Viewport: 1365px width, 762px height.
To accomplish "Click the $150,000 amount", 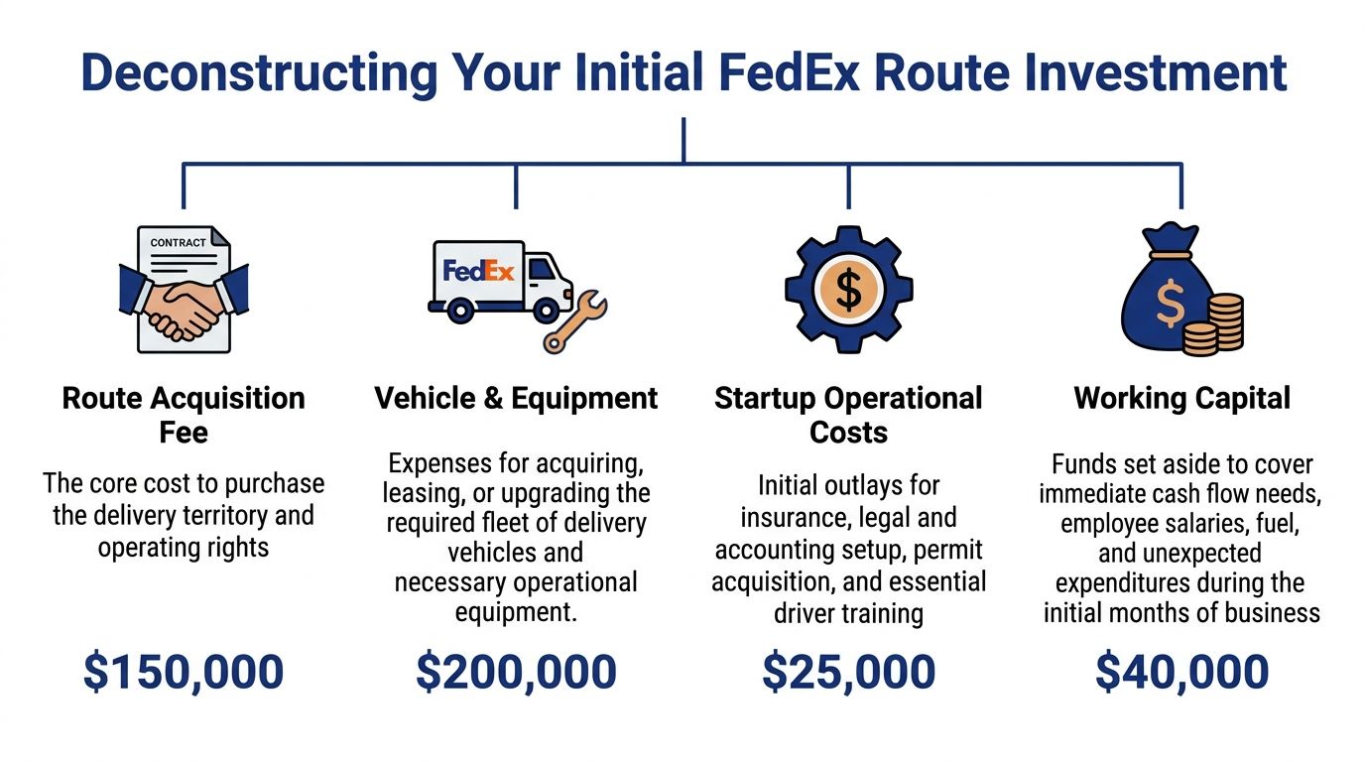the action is pyautogui.click(x=184, y=672).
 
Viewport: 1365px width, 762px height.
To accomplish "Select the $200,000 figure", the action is pyautogui.click(x=516, y=672).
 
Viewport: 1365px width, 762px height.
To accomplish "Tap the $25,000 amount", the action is pyautogui.click(x=848, y=672).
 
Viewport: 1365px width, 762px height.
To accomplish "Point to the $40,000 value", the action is pyautogui.click(x=1181, y=672).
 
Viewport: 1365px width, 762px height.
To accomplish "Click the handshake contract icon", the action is pyautogui.click(x=184, y=290).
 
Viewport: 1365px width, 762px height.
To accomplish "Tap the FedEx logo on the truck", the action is pyautogui.click(x=478, y=271).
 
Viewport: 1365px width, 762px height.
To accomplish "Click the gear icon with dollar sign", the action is pyautogui.click(x=848, y=289).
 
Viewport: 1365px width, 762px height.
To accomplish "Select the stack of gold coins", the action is pyautogui.click(x=1213, y=323).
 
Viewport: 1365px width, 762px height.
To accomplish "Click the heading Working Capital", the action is pyautogui.click(x=1181, y=399).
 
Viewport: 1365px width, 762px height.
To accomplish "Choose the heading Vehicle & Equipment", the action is pyautogui.click(x=516, y=399).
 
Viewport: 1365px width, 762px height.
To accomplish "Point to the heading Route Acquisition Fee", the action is pyautogui.click(x=184, y=415).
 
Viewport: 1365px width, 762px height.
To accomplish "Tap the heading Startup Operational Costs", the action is pyautogui.click(x=848, y=415).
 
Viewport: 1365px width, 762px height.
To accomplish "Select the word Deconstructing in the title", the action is pyautogui.click(x=258, y=73).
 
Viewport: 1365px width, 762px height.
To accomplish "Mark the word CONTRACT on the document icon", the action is pyautogui.click(x=179, y=242).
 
